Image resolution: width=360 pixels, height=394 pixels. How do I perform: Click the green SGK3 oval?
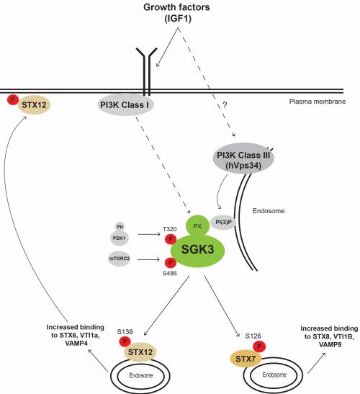coord(197,250)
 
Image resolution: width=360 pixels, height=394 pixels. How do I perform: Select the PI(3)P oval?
coord(222,222)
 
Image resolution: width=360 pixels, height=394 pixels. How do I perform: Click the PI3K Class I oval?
coord(125,104)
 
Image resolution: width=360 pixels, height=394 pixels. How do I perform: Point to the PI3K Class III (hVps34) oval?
coord(243,158)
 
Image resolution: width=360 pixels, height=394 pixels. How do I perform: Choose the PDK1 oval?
coord(120,238)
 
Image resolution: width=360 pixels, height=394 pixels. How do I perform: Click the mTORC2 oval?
coord(120,259)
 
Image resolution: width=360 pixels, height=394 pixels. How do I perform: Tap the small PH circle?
coord(120,227)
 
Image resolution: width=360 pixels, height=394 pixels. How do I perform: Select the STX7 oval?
coord(246,359)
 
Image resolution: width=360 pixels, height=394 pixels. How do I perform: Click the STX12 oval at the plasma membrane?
coord(34,105)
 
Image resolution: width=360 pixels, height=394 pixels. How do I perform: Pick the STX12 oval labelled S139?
coord(140,352)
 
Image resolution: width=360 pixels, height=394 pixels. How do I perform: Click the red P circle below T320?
coord(171,239)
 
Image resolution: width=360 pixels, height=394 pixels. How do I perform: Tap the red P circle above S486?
coord(171,263)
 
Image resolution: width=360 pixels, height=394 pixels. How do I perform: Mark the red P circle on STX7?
coord(259,346)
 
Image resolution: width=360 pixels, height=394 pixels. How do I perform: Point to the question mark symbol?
coord(225,105)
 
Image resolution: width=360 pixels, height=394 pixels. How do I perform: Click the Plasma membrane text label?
coord(318,102)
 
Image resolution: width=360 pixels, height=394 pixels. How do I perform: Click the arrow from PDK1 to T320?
coord(149,234)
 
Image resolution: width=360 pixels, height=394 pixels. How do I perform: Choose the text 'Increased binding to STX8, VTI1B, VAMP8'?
coord(329,336)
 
